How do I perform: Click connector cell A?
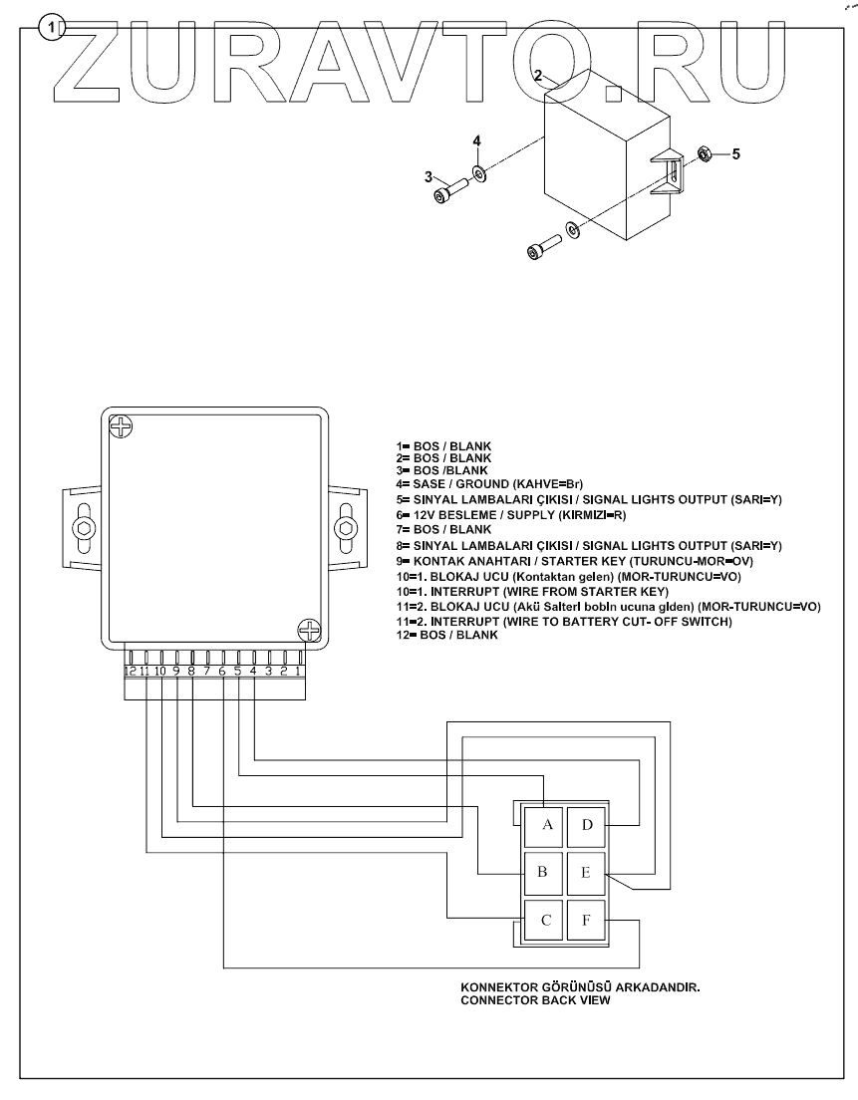pyautogui.click(x=546, y=825)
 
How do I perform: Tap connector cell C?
pyautogui.click(x=545, y=920)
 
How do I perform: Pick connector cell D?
pyautogui.click(x=587, y=825)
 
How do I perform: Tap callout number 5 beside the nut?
pyautogui.click(x=736, y=153)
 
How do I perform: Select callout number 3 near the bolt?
pyautogui.click(x=429, y=177)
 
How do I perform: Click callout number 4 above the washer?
pyautogui.click(x=476, y=141)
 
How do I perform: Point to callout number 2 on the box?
pyautogui.click(x=538, y=76)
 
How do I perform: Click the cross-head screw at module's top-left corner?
pyautogui.click(x=121, y=428)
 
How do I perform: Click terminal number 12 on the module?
pyautogui.click(x=131, y=671)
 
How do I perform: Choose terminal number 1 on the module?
pyautogui.click(x=298, y=671)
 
